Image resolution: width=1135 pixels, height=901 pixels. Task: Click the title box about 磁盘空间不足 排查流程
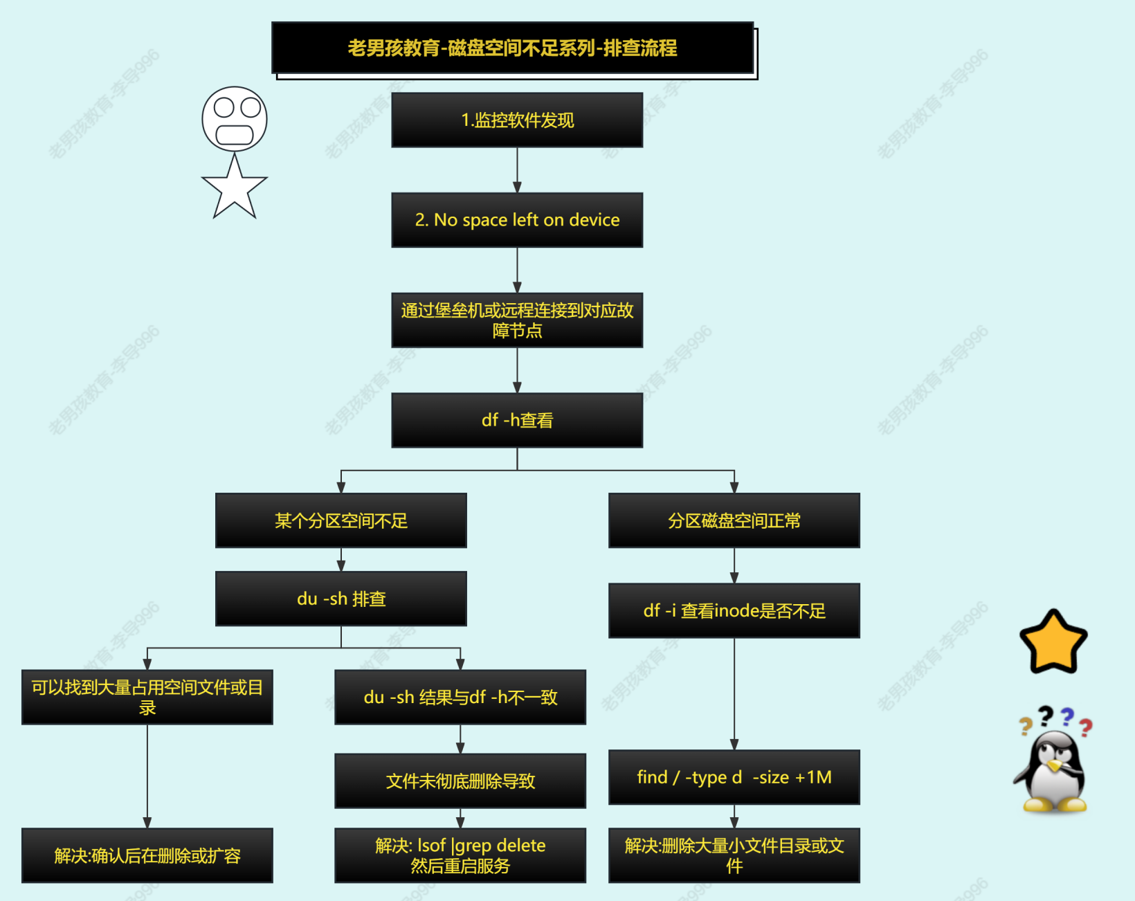tap(512, 48)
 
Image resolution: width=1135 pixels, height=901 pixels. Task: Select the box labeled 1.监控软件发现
tap(517, 120)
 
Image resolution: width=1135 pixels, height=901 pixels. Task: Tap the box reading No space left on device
tap(517, 220)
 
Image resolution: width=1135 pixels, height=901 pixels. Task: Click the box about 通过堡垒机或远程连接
tap(517, 320)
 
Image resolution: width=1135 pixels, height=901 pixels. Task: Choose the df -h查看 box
tap(517, 420)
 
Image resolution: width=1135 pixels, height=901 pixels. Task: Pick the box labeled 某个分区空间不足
tap(341, 520)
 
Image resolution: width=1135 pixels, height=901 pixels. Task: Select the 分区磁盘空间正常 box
tap(734, 520)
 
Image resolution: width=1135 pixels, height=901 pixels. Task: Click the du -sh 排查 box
tap(341, 599)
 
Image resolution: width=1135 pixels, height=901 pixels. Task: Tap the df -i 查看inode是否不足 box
tap(734, 610)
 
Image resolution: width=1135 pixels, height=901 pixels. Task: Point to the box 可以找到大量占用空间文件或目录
tap(147, 697)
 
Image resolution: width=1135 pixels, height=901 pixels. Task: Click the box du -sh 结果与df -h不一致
tap(460, 697)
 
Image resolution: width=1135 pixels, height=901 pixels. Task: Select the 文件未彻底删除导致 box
tap(460, 781)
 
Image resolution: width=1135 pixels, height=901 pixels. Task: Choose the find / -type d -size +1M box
tap(734, 777)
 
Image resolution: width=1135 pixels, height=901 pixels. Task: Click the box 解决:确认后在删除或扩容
tap(147, 855)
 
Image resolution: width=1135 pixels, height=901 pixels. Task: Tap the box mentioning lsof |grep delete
tap(460, 855)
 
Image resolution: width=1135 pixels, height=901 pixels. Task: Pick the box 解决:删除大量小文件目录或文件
tap(734, 855)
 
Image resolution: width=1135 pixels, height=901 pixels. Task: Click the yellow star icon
tap(1053, 643)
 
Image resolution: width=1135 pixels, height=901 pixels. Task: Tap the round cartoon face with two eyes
tap(235, 119)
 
